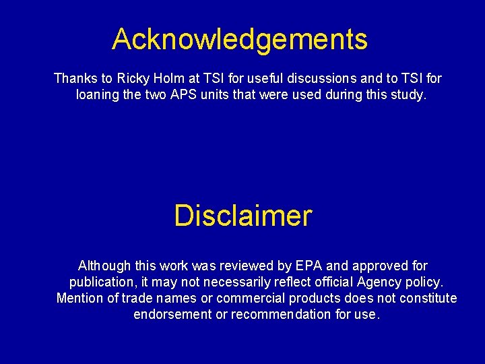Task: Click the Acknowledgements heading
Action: tap(240, 39)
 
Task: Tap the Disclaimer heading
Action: tap(243, 216)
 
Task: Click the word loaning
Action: tap(97, 95)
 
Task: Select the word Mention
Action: tap(80, 299)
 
